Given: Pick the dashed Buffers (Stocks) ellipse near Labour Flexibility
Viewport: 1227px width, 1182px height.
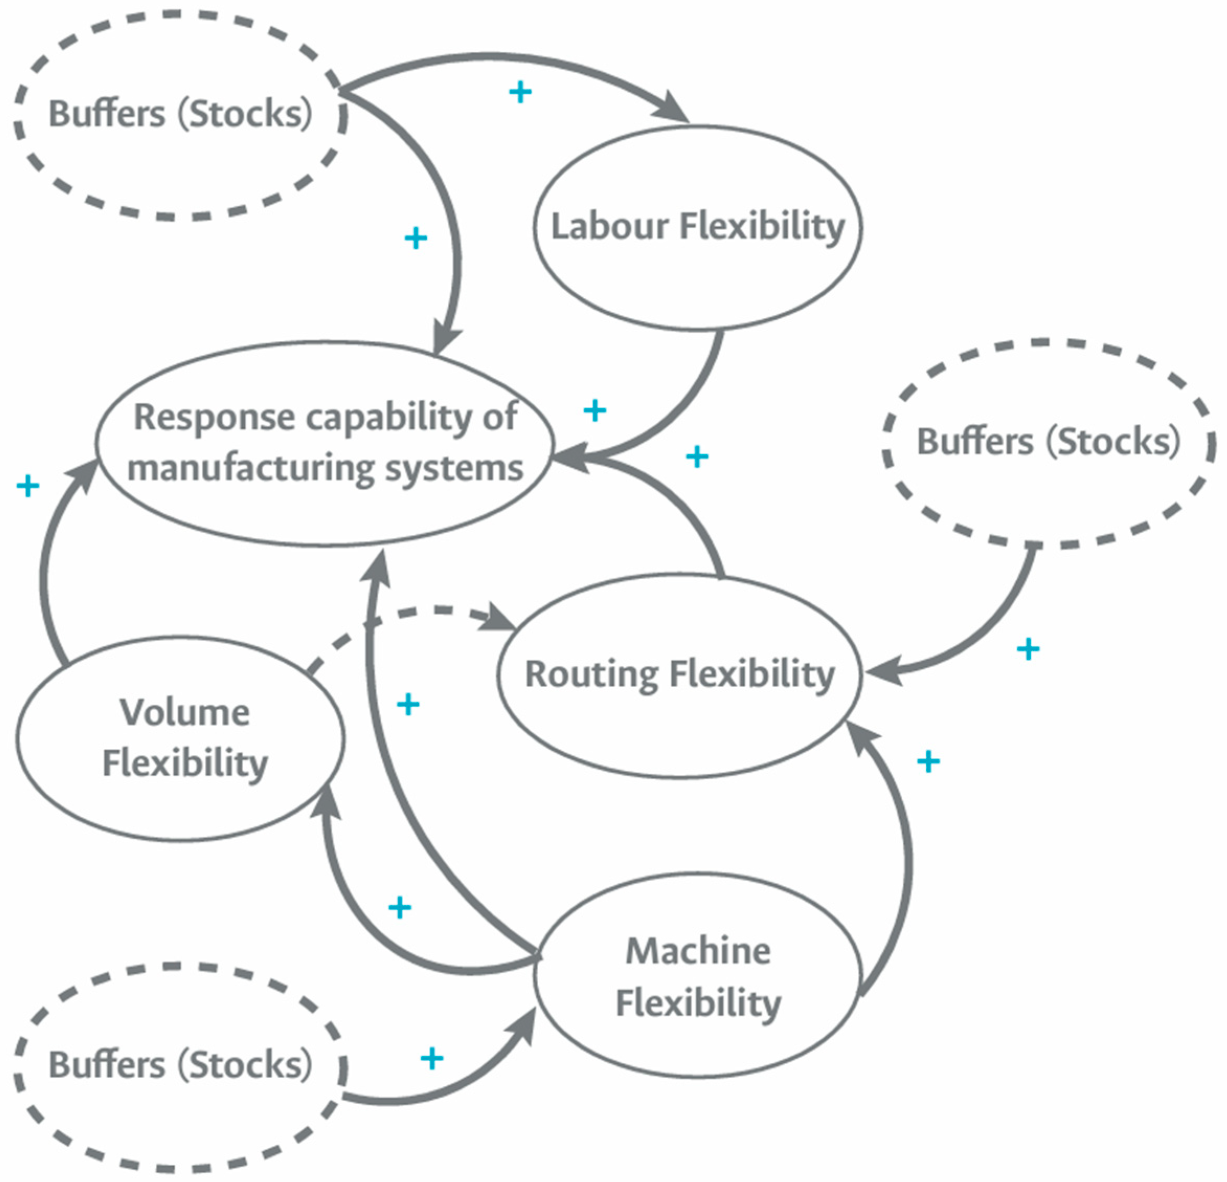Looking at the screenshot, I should coord(180,114).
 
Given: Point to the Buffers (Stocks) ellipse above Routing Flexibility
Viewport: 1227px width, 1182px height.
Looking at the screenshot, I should coord(1048,442).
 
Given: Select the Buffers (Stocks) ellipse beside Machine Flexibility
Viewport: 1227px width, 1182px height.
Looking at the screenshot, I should coord(180,1065).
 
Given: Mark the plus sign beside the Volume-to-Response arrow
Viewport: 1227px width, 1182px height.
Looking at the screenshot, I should coord(28,486).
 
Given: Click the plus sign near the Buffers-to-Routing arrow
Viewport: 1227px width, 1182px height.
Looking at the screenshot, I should coord(1028,649).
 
